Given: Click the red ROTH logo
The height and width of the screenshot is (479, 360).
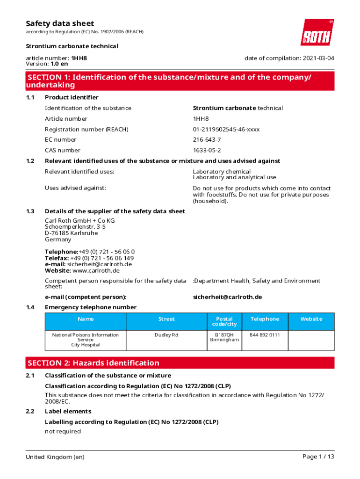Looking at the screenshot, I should pos(317,32).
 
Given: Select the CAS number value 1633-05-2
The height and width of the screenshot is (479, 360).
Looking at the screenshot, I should pos(207,150).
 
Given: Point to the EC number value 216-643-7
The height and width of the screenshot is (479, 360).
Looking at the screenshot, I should pos(207,139).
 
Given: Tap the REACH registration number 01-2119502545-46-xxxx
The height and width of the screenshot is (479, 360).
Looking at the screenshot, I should pos(226,129).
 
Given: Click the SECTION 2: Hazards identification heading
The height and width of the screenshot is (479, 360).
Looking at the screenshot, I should pos(94,363).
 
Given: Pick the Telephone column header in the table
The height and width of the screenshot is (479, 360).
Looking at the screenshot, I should pos(265,319).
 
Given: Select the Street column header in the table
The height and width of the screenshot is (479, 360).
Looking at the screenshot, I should pos(166,319).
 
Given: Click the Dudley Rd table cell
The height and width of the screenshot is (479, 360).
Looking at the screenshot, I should pos(166,335).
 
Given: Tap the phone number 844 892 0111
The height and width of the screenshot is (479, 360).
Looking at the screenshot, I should pos(265,335).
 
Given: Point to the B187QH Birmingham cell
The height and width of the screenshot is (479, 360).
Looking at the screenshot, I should pos(224,337).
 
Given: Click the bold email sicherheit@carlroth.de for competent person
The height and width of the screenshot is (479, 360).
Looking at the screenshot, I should pos(227,297).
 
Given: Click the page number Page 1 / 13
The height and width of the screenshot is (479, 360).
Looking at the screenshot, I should pos(318,457).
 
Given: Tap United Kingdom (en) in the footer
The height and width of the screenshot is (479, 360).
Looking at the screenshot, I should pos(55,457).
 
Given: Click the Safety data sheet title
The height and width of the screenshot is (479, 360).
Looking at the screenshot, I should pos(60,23).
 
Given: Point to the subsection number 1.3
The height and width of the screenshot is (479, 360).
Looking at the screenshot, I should pos(30,211).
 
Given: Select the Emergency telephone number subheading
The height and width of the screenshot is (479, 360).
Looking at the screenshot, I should pos(91,307).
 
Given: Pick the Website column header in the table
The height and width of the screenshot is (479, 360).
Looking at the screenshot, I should pos(311,319).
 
